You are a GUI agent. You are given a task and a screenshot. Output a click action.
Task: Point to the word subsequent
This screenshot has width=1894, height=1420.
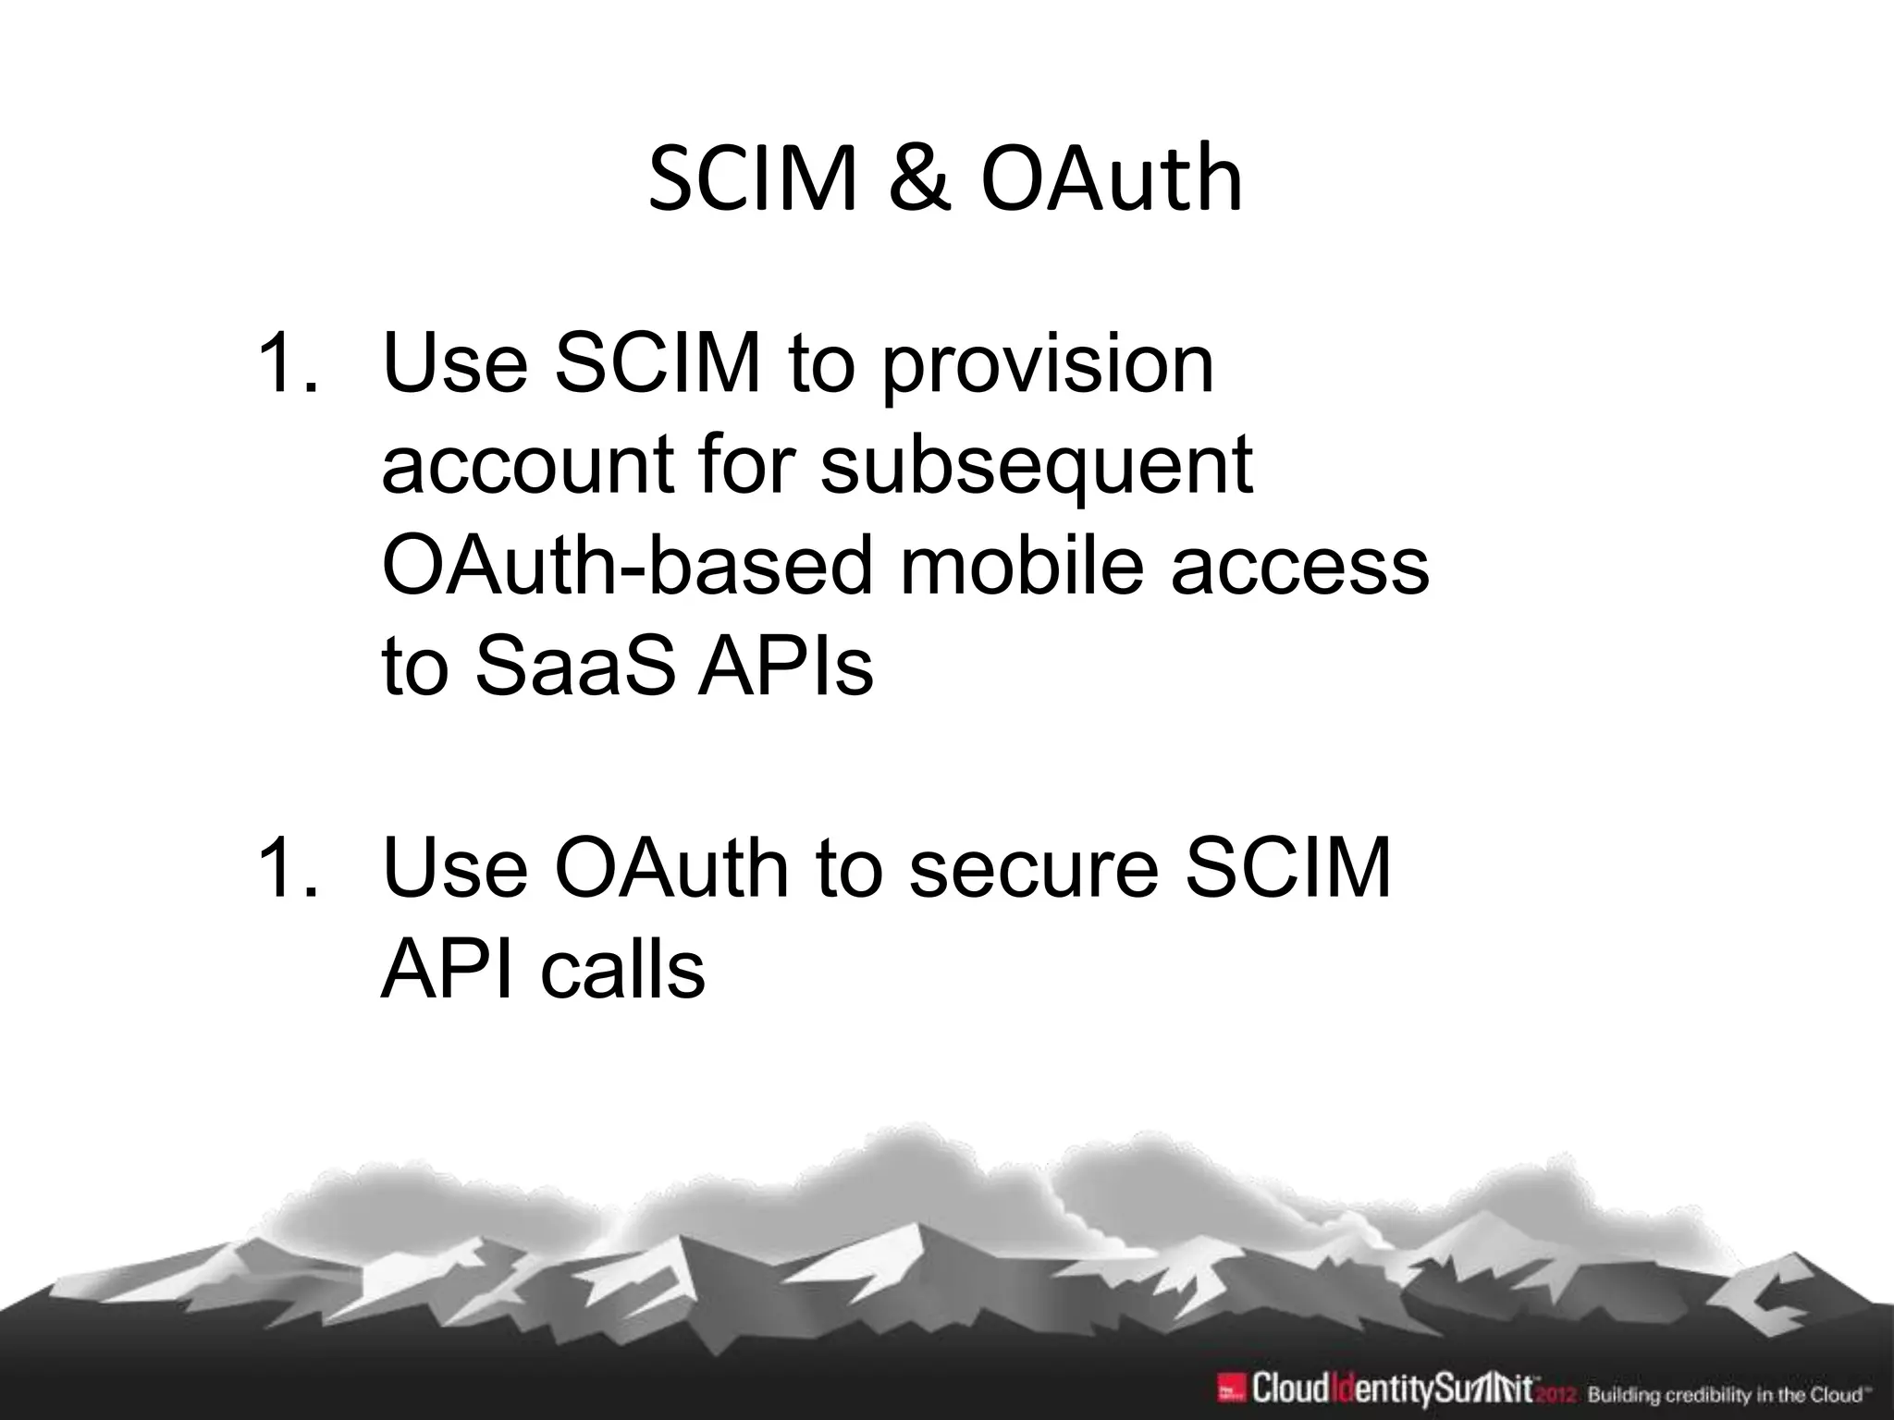[1037, 468]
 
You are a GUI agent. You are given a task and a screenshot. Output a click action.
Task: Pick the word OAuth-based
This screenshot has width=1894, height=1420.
[628, 567]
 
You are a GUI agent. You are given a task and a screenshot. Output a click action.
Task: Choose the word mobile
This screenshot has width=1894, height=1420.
[1023, 567]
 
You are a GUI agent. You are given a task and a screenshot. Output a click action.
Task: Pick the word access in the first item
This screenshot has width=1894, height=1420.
[1300, 567]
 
